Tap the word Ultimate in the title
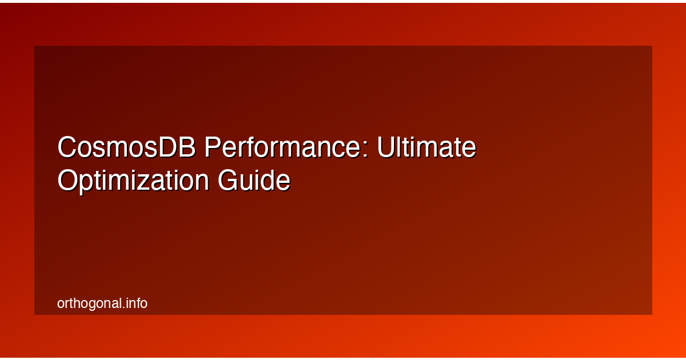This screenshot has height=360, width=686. coord(426,148)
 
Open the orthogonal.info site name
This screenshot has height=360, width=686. coord(102,303)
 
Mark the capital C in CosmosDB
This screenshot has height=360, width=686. coord(67,148)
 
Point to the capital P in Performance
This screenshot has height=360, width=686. coord(213,148)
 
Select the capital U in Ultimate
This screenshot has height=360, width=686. coord(386,148)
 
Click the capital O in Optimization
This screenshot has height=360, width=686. coord(68,181)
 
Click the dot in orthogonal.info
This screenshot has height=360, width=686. coord(124,307)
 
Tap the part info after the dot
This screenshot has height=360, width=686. coord(137,303)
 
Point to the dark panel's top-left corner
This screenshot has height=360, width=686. coord(35,46)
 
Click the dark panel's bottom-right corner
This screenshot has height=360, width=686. coord(652,314)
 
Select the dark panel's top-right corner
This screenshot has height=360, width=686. coord(652,46)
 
